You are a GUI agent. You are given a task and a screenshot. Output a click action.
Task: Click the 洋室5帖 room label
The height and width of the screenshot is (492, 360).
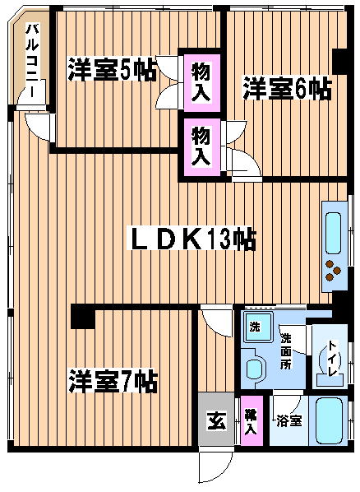[x=112, y=69]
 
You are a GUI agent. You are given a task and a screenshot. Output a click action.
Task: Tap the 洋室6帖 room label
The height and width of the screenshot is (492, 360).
[x=287, y=89]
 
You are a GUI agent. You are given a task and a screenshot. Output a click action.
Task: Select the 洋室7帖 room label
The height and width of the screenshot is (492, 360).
[x=113, y=381]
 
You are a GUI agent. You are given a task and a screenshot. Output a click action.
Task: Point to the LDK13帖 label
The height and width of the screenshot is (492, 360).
[x=193, y=239]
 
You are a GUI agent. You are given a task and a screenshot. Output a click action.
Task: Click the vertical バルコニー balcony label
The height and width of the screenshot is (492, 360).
[x=32, y=60]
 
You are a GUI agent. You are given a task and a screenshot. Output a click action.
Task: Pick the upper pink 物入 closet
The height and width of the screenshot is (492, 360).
[x=201, y=82]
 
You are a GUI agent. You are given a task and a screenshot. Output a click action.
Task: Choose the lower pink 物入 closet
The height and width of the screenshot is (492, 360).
[x=201, y=146]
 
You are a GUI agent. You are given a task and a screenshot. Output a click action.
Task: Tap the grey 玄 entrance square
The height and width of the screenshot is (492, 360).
[x=216, y=419]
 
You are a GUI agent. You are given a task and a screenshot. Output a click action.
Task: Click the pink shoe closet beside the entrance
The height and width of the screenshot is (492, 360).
[x=252, y=420]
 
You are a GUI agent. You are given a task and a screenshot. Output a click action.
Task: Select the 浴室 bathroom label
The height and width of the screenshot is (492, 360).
[x=289, y=420]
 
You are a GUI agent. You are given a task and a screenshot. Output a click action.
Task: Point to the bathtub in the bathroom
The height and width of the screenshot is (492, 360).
[x=328, y=420]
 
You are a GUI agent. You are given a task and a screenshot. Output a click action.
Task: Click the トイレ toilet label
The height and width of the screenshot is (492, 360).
[x=332, y=358]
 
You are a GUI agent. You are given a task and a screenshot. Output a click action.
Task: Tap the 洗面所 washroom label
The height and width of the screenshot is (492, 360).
[x=286, y=350]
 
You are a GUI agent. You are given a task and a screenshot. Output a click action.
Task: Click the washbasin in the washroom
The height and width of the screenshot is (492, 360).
[x=254, y=369]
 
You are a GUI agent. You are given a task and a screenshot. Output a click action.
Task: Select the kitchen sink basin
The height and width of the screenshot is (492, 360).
[x=333, y=233]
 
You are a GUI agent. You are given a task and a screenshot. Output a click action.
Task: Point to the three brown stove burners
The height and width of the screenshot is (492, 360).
[x=333, y=271]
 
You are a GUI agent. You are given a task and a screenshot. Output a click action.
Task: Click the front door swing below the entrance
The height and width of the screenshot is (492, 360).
[x=216, y=466]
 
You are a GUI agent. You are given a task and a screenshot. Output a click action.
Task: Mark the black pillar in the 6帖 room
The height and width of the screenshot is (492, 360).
[x=339, y=62]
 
